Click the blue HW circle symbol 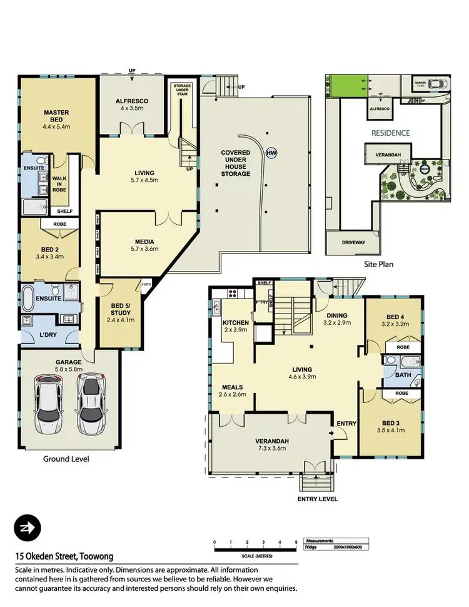coord(271,152)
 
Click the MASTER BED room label coord(56,117)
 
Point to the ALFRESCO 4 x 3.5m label coord(131,103)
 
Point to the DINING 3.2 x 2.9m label coord(336,320)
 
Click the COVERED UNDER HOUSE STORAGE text coord(235,163)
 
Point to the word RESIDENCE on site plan coord(390,133)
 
